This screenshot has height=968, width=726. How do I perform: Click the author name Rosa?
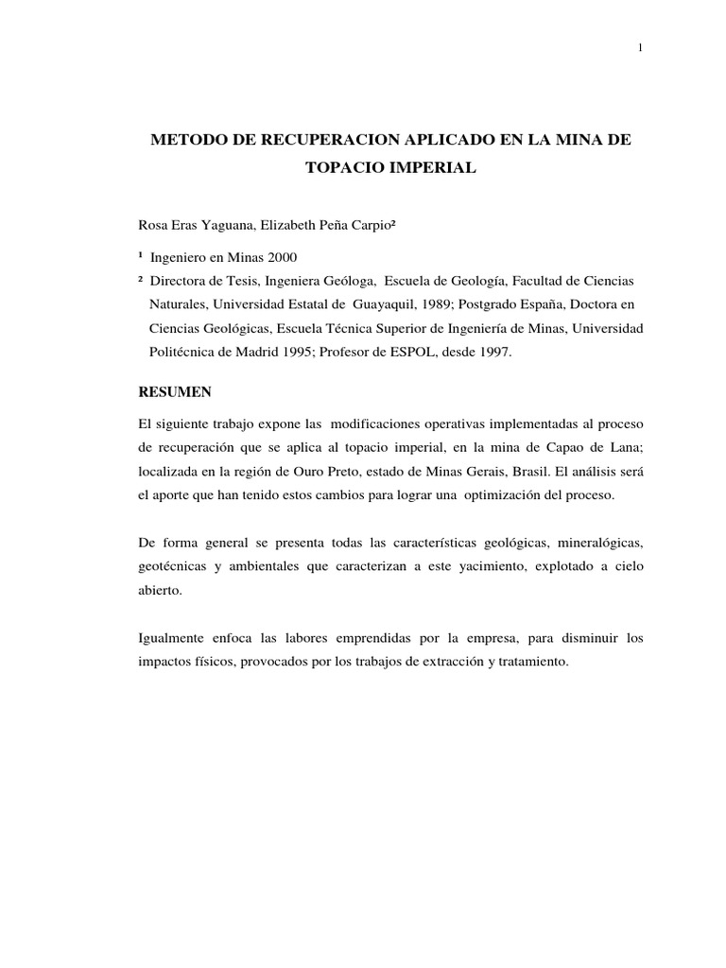[154, 227]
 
